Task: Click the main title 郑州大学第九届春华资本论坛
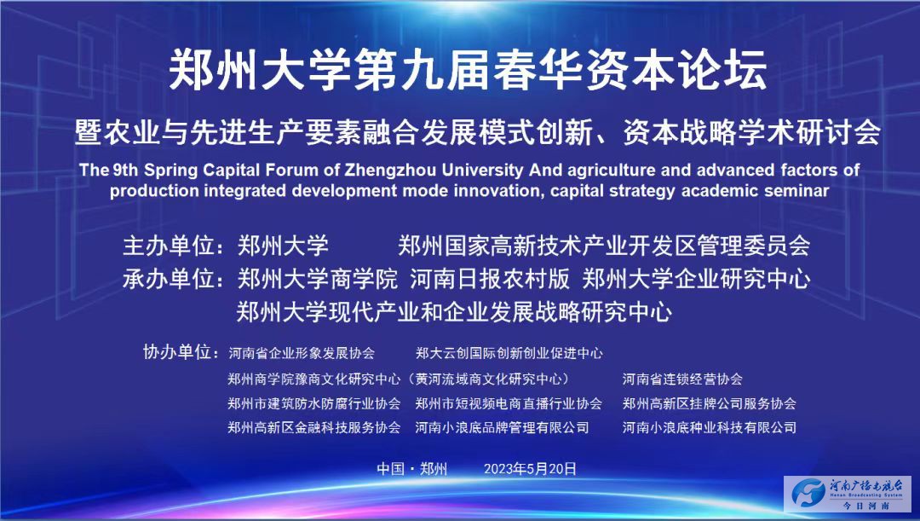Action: [468, 71]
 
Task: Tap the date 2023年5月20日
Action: [530, 469]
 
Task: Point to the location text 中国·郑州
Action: [412, 469]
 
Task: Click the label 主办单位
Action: [168, 246]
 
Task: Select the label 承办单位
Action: [168, 279]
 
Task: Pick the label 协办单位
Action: [176, 352]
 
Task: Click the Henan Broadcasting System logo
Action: [848, 494]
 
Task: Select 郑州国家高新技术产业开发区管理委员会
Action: [604, 246]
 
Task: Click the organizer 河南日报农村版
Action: [489, 279]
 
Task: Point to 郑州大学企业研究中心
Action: [696, 279]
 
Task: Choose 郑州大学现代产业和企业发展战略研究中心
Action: [454, 312]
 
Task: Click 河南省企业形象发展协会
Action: [302, 353]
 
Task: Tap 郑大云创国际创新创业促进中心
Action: [509, 353]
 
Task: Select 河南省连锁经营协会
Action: [682, 379]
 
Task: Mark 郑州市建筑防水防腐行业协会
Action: [313, 403]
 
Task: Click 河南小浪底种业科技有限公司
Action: [710, 427]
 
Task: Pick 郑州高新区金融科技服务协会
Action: [313, 427]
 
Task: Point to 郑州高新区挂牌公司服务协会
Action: [710, 403]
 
